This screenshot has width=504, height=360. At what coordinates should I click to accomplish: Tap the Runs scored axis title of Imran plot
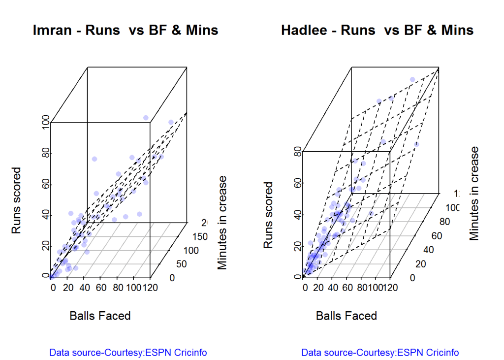click(x=17, y=200)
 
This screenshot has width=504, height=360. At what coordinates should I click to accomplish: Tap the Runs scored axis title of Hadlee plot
click(x=268, y=215)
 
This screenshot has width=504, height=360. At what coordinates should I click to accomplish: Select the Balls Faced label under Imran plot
click(x=100, y=316)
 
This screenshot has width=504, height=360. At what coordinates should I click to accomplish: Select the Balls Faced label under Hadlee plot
click(x=346, y=316)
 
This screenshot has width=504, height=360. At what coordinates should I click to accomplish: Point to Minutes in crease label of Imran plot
click(x=222, y=222)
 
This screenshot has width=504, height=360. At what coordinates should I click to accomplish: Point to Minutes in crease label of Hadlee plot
click(x=474, y=193)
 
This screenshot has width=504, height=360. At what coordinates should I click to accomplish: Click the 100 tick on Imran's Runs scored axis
click(x=46, y=122)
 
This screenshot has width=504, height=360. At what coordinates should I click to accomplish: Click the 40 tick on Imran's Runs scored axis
click(x=46, y=215)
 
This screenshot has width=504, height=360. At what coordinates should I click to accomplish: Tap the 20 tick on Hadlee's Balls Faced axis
click(x=319, y=288)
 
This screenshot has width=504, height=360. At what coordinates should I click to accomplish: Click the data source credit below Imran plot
click(x=128, y=353)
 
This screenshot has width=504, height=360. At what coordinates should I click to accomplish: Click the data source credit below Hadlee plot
click(x=380, y=353)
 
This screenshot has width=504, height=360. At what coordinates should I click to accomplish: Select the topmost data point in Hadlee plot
click(x=412, y=80)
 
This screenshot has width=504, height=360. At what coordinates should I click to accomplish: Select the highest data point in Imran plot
click(x=146, y=118)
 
